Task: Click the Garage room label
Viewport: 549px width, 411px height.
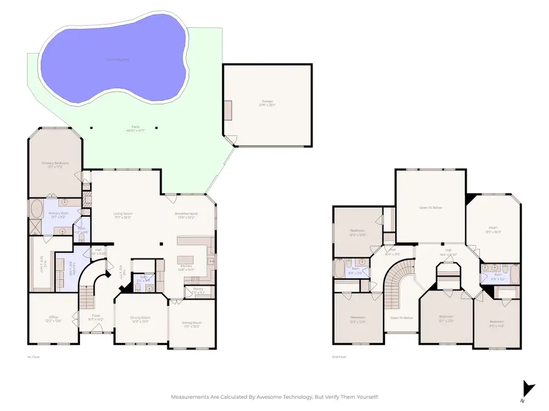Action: point(267,102)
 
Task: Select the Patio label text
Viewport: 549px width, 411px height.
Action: point(129,128)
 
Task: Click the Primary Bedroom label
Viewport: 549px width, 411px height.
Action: point(55,163)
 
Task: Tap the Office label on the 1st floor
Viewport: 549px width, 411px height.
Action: point(53,317)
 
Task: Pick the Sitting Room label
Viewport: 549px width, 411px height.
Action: point(192,323)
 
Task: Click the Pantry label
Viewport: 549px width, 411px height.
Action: point(197,289)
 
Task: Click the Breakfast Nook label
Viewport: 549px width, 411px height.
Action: point(185,214)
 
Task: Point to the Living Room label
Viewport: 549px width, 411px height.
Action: point(123,214)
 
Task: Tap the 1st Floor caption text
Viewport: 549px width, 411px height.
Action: point(34,357)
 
